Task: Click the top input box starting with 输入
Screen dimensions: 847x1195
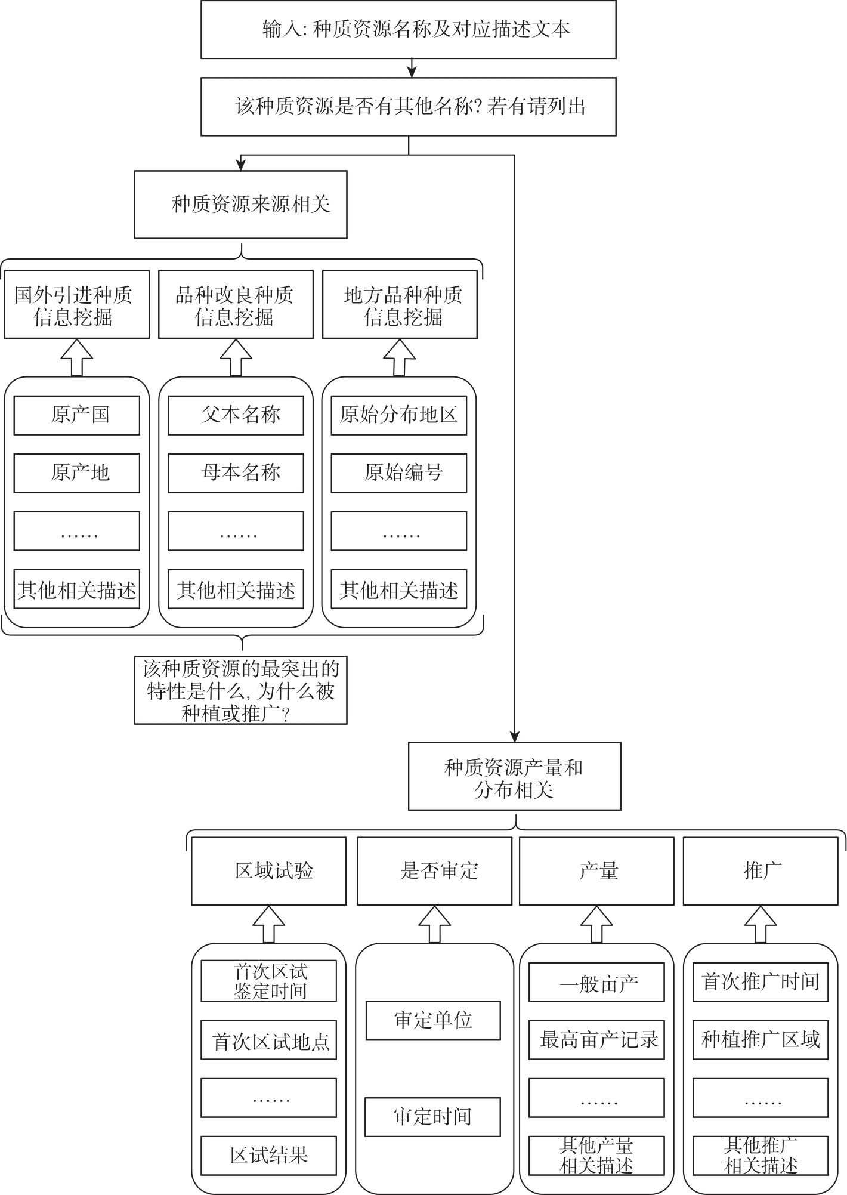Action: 408,29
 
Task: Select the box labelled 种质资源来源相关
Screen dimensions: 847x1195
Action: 240,205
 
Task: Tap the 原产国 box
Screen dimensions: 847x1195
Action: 77,415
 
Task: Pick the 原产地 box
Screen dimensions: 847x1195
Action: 77,473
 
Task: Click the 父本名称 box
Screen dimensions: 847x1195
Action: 236,415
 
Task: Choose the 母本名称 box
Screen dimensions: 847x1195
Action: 236,473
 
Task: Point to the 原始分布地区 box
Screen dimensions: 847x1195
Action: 399,415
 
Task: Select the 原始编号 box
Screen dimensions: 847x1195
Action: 399,473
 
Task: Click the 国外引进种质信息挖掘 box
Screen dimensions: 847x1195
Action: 77,305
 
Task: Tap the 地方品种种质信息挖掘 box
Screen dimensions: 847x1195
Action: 400,305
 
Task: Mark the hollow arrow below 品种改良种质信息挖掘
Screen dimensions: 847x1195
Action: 236,358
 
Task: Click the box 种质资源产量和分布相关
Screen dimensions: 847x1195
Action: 515,776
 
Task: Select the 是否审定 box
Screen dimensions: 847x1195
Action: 434,871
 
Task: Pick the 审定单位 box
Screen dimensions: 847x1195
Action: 433,1021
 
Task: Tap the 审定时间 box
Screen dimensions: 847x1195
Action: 433,1117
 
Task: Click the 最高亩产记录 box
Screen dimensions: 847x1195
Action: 596,1040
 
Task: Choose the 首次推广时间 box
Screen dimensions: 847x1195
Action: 761,982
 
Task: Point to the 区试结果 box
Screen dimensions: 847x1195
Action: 268,1156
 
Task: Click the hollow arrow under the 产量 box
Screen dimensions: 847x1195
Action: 596,924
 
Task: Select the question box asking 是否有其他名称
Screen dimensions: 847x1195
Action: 408,107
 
